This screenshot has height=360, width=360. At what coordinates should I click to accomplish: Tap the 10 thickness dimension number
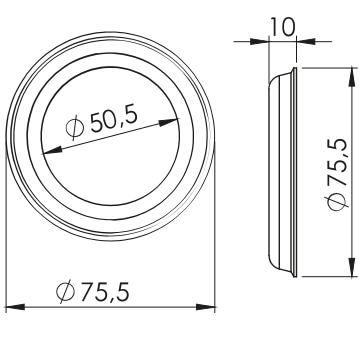(283, 27)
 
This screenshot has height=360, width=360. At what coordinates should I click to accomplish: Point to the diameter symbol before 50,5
(75, 128)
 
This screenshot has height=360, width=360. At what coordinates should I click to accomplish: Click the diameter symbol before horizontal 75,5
(65, 292)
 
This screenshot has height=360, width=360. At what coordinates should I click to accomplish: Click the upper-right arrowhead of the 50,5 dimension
(169, 122)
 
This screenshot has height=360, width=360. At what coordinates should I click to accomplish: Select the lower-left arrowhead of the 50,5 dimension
(53, 151)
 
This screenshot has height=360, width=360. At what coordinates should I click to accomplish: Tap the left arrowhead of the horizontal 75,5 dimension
(16, 307)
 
